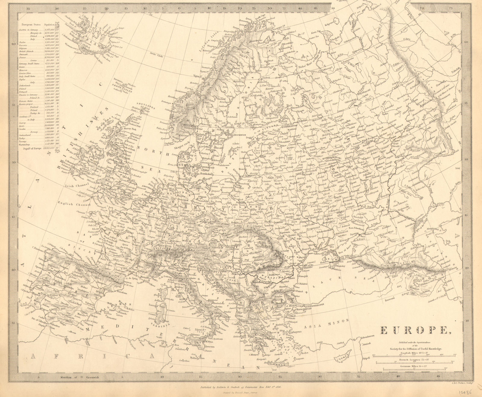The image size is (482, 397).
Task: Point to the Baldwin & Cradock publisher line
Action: pyautogui.click(x=238, y=387)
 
